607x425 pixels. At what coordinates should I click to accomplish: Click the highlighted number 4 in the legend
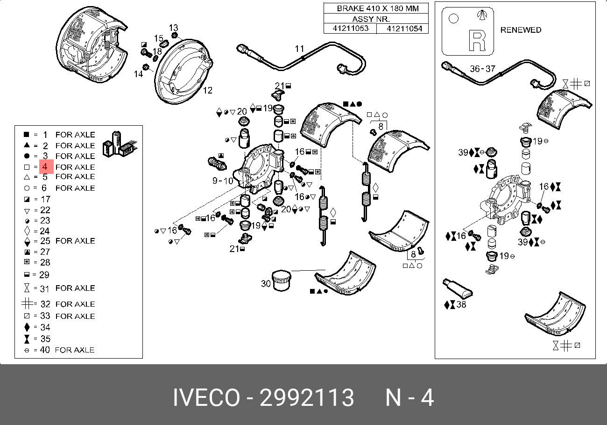click(x=45, y=166)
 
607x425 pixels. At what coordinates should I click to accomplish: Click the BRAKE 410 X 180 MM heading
click(x=377, y=8)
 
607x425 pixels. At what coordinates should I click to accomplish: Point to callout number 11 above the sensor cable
click(x=299, y=48)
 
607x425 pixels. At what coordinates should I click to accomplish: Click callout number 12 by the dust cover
click(x=207, y=90)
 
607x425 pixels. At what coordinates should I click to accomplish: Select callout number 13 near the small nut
click(x=173, y=27)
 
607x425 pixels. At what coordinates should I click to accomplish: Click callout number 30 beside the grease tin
click(x=266, y=283)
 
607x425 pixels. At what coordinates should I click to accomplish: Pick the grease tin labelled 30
click(x=282, y=281)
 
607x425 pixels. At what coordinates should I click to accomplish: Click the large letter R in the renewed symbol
click(x=477, y=41)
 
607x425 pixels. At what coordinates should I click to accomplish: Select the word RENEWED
click(x=521, y=30)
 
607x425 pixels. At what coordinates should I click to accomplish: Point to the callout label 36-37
click(x=482, y=68)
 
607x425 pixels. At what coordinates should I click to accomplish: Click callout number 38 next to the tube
click(x=461, y=304)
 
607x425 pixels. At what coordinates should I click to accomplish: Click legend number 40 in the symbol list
click(x=45, y=350)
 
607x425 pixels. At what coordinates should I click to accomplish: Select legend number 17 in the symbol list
click(x=45, y=199)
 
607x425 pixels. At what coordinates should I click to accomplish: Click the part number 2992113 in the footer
click(x=307, y=398)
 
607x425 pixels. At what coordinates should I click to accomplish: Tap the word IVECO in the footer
click(x=206, y=398)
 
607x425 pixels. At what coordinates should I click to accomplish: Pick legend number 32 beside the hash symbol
click(x=45, y=304)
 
